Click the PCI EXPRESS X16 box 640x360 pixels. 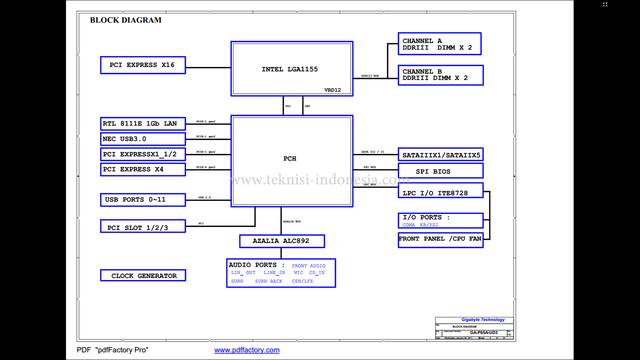point(142,65)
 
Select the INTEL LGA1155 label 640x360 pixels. point(289,69)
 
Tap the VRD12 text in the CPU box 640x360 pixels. point(332,90)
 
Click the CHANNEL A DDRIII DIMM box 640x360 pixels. point(439,44)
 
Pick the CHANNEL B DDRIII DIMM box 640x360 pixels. point(440,75)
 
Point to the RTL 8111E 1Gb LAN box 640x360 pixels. point(142,123)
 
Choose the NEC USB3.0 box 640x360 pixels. point(142,139)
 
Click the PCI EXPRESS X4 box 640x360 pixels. point(142,169)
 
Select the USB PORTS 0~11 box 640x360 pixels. point(142,199)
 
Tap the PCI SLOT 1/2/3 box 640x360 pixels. point(142,227)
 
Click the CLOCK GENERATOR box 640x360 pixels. point(143,275)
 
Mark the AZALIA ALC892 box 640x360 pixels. point(281,241)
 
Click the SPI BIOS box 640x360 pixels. point(440,171)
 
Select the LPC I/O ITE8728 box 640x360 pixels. point(440,192)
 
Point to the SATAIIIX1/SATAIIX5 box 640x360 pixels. point(440,155)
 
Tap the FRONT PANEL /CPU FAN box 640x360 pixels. point(440,239)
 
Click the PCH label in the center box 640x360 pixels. point(290,158)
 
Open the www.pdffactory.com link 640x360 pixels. point(247,350)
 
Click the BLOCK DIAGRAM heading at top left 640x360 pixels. point(125,20)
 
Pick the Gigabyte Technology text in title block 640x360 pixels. point(483,319)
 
